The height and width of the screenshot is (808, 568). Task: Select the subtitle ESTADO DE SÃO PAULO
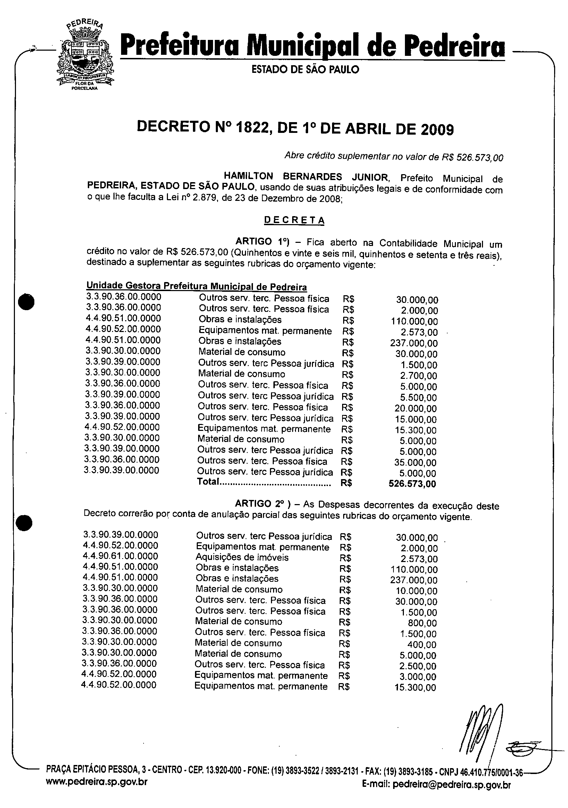(305, 69)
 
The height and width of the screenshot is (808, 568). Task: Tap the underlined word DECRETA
(294, 220)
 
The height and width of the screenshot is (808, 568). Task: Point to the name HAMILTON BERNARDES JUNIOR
(305, 176)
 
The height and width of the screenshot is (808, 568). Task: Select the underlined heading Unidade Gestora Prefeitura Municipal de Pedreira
(196, 287)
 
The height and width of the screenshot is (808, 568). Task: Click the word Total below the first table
(208, 482)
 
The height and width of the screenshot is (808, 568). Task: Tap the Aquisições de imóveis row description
(242, 558)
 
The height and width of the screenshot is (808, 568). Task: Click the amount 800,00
(422, 623)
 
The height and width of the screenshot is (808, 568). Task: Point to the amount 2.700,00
(418, 376)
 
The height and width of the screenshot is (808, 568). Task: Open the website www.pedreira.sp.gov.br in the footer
(97, 791)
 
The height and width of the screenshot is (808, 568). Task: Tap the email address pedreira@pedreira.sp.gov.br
(451, 794)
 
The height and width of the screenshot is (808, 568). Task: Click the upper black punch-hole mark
(26, 302)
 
